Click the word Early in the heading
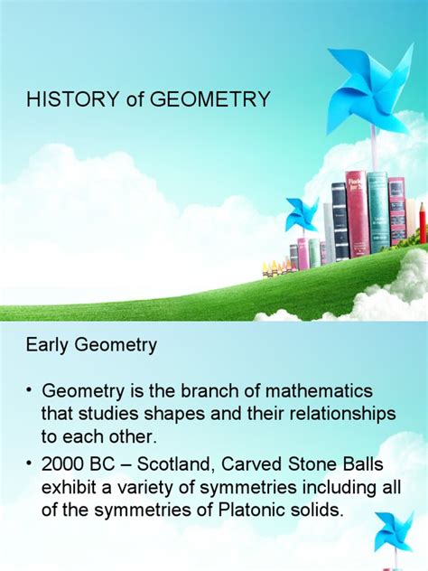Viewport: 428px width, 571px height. [x=44, y=344]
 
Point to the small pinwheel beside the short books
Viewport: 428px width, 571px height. [x=302, y=215]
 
